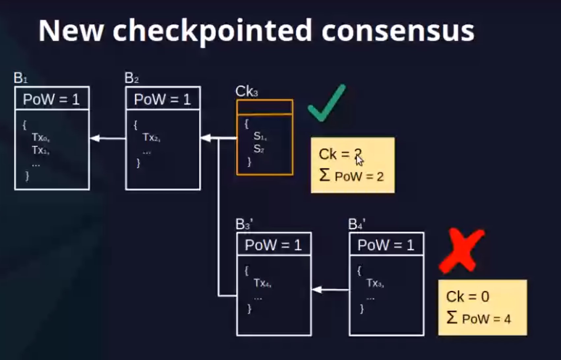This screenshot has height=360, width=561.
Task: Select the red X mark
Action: (461, 250)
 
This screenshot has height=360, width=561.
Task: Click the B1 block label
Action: (20, 78)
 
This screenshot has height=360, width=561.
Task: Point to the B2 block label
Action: (132, 78)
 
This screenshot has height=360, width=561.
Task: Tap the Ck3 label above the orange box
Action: (246, 92)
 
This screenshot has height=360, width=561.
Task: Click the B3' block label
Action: (244, 225)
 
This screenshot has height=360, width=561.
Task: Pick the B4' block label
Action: (357, 225)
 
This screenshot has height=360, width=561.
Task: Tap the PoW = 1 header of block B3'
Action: (274, 245)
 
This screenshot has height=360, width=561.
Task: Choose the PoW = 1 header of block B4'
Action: (386, 245)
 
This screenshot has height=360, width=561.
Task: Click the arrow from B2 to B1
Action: (107, 138)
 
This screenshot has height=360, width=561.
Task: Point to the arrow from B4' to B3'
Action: (330, 290)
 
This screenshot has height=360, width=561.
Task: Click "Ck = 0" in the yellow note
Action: (467, 297)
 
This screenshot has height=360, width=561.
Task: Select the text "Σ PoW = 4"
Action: (479, 318)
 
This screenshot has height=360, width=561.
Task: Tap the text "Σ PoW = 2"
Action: (351, 176)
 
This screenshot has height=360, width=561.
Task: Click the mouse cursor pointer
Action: (360, 161)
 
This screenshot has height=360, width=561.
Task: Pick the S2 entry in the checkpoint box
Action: (259, 149)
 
